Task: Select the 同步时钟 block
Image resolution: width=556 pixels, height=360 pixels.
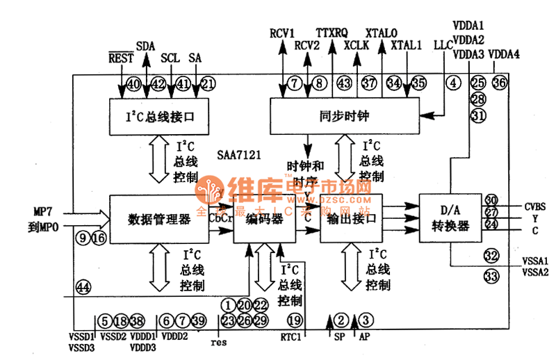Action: pyautogui.click(x=345, y=115)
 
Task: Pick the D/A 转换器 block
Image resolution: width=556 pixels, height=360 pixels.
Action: pyautogui.click(x=450, y=220)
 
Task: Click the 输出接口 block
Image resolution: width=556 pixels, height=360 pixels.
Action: pyautogui.click(x=351, y=218)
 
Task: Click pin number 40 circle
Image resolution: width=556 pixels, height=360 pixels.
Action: pyautogui.click(x=133, y=84)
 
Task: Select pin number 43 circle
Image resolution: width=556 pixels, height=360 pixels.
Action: pyautogui.click(x=344, y=83)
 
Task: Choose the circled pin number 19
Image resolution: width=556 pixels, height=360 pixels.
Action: pyautogui.click(x=294, y=320)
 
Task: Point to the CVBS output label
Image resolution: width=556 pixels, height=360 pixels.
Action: pyautogui.click(x=535, y=206)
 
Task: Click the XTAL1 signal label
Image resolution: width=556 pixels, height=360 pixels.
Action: pyautogui.click(x=407, y=46)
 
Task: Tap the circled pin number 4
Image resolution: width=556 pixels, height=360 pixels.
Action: pyautogui.click(x=454, y=83)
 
